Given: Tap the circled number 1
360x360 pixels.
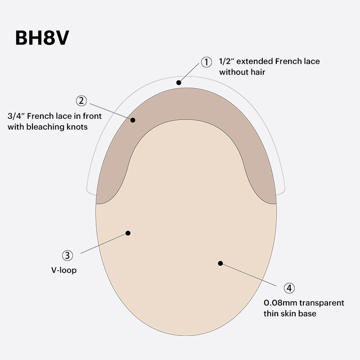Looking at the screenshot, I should click(206, 62).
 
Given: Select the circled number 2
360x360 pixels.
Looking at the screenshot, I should click(81, 100).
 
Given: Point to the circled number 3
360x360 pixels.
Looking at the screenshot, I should click(67, 256).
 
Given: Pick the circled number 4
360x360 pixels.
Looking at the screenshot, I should click(289, 288).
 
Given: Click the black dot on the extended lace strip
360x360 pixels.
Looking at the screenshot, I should click(179, 82).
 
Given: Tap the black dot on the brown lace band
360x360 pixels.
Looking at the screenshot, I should click(133, 120).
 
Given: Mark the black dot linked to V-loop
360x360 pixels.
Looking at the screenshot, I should click(128, 233).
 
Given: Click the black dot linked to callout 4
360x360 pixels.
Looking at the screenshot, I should click(220, 263).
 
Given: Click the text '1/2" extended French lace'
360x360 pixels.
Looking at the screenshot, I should click(269, 61).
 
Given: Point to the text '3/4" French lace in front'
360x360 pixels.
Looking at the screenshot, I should click(54, 116).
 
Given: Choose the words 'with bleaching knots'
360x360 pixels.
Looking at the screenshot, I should click(47, 127).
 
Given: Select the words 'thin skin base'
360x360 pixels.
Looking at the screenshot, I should click(290, 313).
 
